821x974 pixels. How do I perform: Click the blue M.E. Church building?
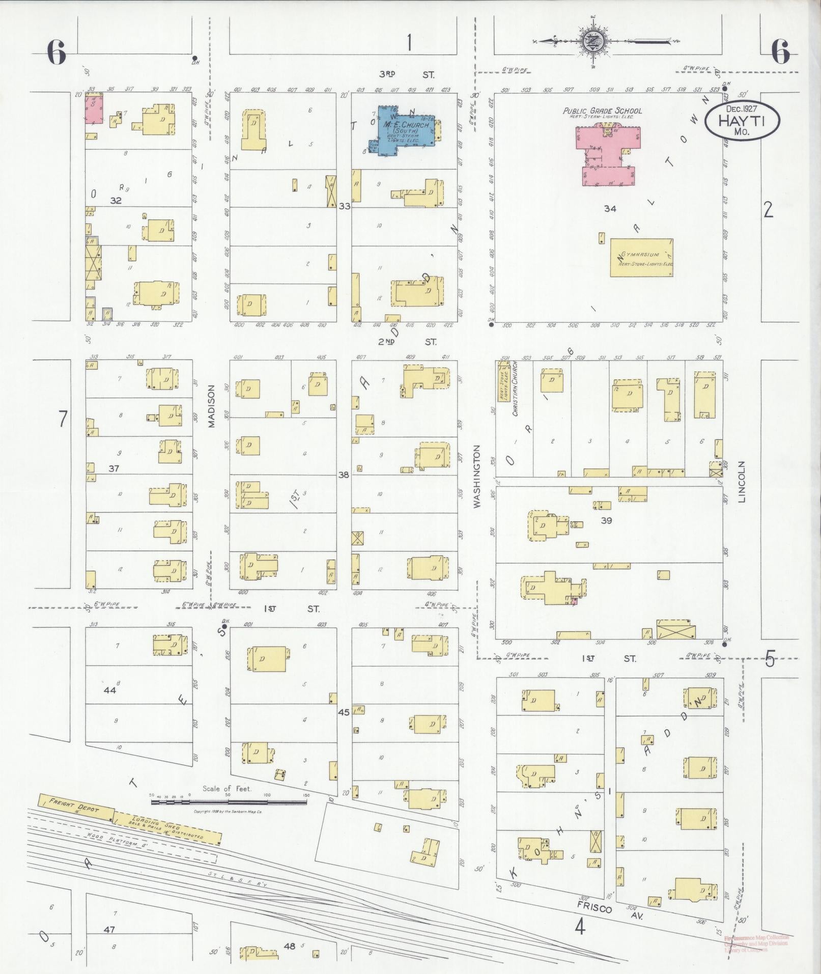[402, 132]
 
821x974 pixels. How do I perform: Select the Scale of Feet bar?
[229, 802]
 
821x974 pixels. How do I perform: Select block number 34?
[610, 208]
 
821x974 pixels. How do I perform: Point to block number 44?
[110, 690]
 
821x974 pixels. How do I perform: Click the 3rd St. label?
[407, 74]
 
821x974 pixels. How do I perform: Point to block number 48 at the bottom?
[290, 946]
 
